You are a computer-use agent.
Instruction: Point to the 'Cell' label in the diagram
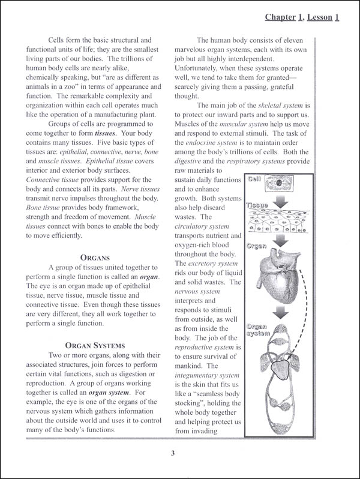tap(254, 179)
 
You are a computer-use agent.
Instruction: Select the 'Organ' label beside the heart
tap(256, 246)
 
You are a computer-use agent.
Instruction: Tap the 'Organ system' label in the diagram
tap(257, 330)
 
